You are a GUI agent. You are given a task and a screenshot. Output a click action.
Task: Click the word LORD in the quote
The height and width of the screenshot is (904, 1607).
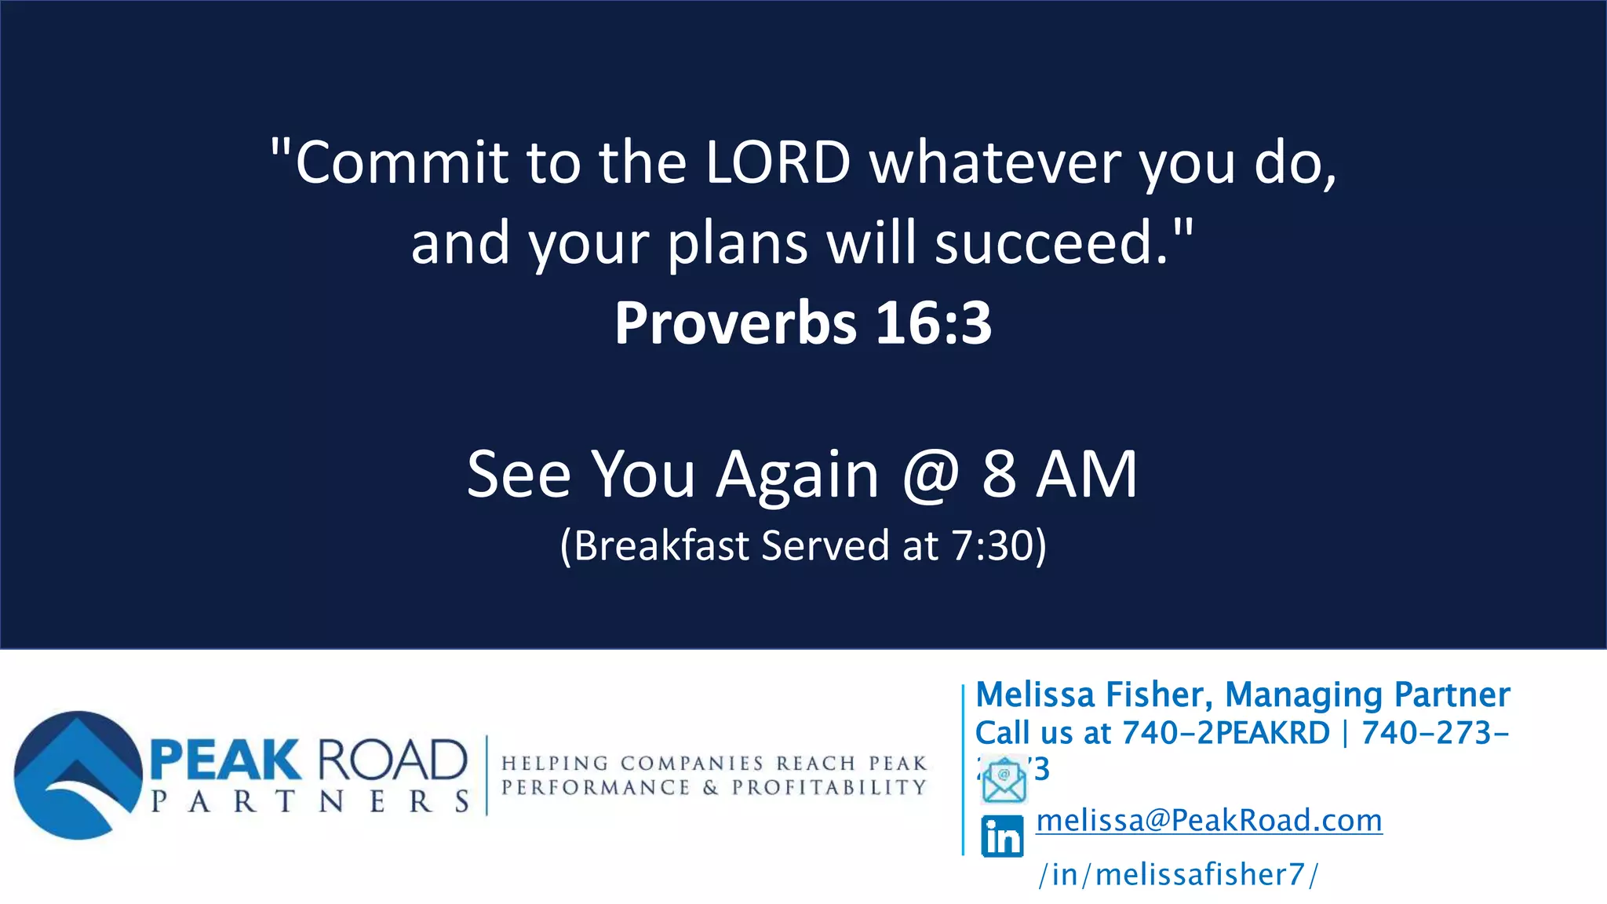[x=778, y=162]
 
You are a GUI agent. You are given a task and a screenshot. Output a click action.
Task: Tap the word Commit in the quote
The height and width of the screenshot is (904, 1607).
[x=401, y=162]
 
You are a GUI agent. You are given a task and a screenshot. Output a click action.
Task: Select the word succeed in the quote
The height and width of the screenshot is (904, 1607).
[x=1051, y=242]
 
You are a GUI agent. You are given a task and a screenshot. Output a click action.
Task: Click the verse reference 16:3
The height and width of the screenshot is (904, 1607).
[x=933, y=323]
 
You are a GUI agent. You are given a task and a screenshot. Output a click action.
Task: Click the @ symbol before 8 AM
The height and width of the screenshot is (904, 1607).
[x=931, y=474]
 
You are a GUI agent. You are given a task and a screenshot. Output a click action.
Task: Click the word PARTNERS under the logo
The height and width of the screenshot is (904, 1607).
[x=310, y=801]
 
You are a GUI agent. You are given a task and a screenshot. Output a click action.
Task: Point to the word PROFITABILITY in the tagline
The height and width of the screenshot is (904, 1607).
[x=829, y=787]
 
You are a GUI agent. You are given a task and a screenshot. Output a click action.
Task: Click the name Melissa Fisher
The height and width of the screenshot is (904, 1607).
[x=1094, y=694]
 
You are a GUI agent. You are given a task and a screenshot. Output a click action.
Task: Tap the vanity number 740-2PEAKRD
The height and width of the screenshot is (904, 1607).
[x=1226, y=733]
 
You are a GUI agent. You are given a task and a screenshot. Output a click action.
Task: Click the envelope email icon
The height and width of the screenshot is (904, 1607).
[x=1004, y=780]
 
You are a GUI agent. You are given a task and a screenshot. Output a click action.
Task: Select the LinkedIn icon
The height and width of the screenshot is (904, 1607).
[x=1002, y=837]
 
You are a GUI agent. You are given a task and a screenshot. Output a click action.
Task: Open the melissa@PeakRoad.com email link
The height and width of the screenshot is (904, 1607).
[x=1208, y=820]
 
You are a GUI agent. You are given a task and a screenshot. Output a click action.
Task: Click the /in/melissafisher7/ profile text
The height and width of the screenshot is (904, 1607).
[x=1178, y=874]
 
